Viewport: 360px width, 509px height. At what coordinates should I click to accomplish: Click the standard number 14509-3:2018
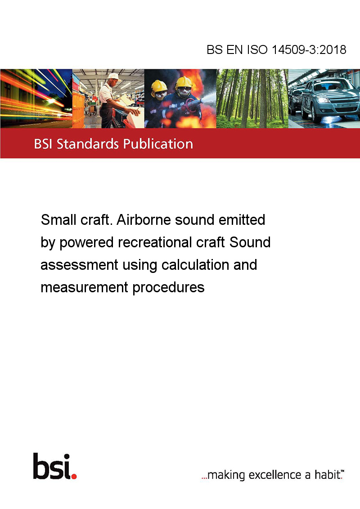tap(309, 49)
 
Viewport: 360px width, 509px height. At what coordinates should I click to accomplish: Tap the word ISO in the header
tap(257, 49)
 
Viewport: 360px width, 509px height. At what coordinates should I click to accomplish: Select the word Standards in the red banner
tap(88, 144)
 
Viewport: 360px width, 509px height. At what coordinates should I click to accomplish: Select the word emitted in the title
tap(242, 220)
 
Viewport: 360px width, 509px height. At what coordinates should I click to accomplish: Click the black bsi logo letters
tap(52, 466)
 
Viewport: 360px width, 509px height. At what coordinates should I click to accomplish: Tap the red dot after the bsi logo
tap(74, 476)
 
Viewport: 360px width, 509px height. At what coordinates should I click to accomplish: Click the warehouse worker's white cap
tap(113, 76)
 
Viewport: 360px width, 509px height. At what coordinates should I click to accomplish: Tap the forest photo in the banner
tap(252, 98)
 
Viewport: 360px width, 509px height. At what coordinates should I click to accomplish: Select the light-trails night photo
tap(36, 98)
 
